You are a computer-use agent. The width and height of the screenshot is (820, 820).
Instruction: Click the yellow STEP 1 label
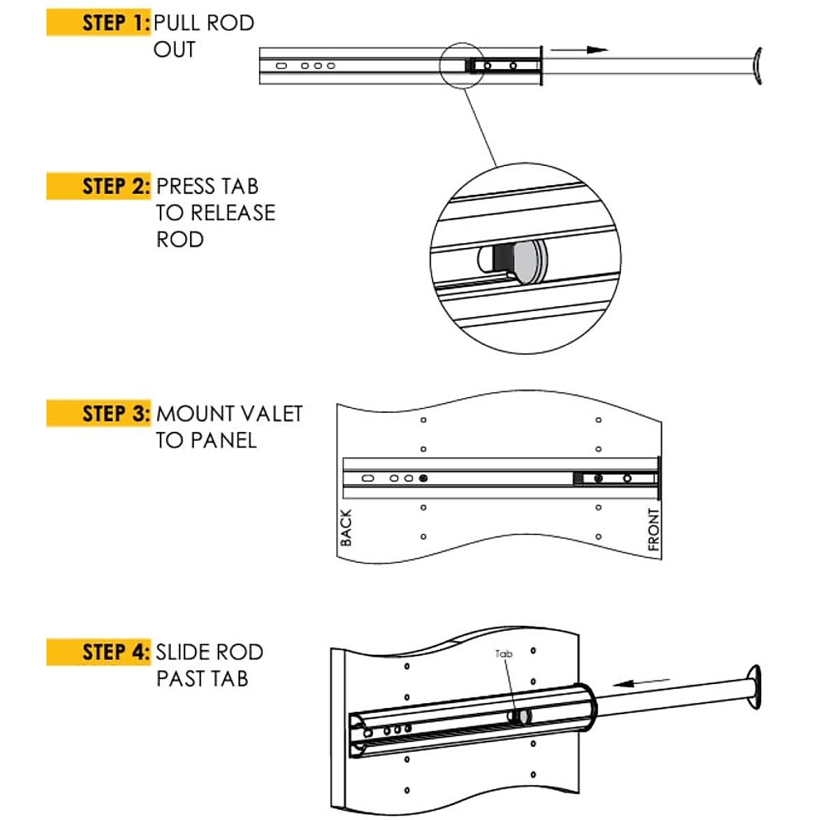pos(99,23)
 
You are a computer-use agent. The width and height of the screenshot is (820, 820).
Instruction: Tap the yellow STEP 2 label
pos(99,187)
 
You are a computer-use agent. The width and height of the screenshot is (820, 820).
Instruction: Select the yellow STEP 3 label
pos(99,414)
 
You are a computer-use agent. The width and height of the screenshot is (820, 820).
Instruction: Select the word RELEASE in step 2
pos(233,213)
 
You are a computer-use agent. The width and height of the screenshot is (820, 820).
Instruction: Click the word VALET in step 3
pos(271,414)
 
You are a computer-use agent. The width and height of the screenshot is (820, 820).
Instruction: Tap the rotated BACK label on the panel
pos(346,528)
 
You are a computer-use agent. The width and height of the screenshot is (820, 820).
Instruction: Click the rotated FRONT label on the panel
pos(653,530)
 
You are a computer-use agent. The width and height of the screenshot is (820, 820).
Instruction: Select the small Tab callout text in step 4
pos(504,654)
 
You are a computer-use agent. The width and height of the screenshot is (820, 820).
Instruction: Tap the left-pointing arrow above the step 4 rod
pos(642,682)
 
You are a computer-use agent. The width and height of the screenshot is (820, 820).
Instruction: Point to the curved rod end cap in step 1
pos(756,66)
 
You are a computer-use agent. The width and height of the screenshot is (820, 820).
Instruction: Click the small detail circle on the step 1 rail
pos(462,65)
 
